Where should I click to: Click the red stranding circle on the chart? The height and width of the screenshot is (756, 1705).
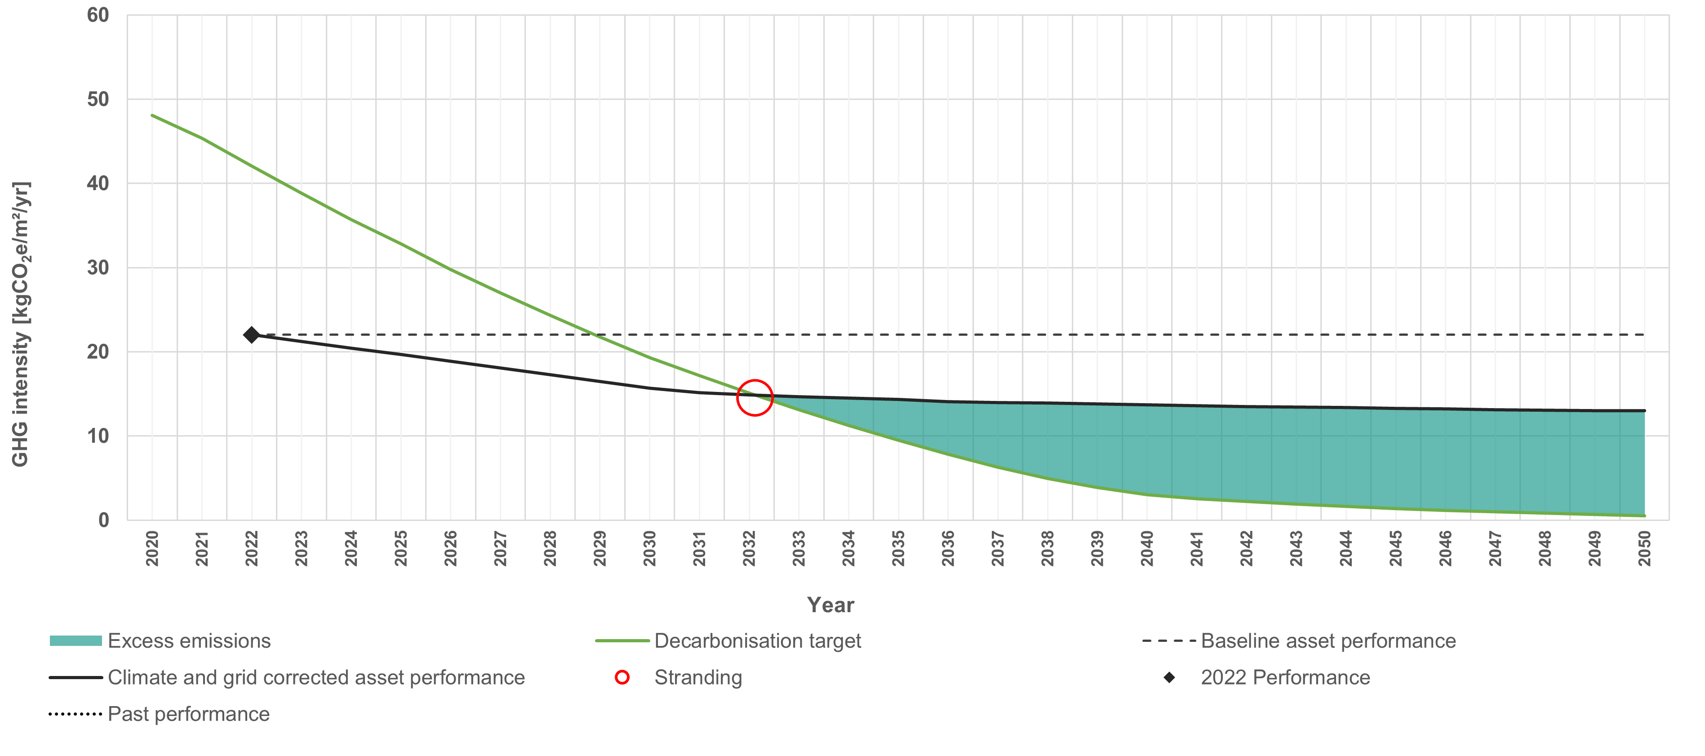(x=755, y=398)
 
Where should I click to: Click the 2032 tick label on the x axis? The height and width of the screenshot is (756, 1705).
(x=749, y=549)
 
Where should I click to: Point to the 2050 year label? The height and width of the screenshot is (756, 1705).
(x=1644, y=549)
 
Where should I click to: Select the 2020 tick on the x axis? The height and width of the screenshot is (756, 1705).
(x=152, y=549)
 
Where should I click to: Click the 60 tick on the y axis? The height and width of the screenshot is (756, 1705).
(x=98, y=15)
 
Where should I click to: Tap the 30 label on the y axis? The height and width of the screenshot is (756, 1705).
(x=98, y=267)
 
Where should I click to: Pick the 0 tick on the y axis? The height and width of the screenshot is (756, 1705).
(x=103, y=520)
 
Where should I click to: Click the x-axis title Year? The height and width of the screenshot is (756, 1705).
(x=830, y=605)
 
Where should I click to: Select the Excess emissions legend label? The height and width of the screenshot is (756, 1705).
(x=189, y=641)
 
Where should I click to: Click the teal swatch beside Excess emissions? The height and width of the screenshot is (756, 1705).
(x=75, y=641)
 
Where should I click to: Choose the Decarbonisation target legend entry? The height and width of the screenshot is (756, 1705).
(x=757, y=641)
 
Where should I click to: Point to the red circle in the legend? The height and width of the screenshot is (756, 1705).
(x=622, y=677)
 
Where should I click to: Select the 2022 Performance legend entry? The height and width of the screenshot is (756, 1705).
(x=1285, y=677)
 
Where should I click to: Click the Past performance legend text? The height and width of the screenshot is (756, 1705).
(x=189, y=714)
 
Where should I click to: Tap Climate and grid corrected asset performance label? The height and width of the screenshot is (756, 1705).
(x=316, y=677)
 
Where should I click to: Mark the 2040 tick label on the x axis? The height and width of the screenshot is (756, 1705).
(x=1147, y=549)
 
